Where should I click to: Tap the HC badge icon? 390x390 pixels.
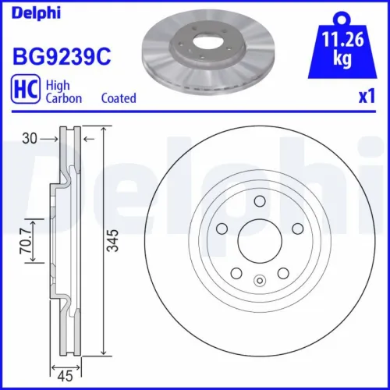25,91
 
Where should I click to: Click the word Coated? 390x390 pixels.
119,98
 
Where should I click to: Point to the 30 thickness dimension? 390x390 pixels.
30,137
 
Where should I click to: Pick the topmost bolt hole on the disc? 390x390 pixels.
257,201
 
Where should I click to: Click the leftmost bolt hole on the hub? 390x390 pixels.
221,228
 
